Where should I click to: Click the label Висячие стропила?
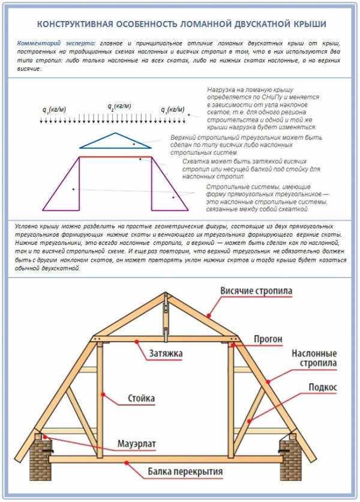(256, 291)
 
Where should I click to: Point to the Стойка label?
(142, 398)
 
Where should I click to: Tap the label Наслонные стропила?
(314, 358)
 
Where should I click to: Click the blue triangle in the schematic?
(116, 141)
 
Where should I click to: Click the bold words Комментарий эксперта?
(56, 44)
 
